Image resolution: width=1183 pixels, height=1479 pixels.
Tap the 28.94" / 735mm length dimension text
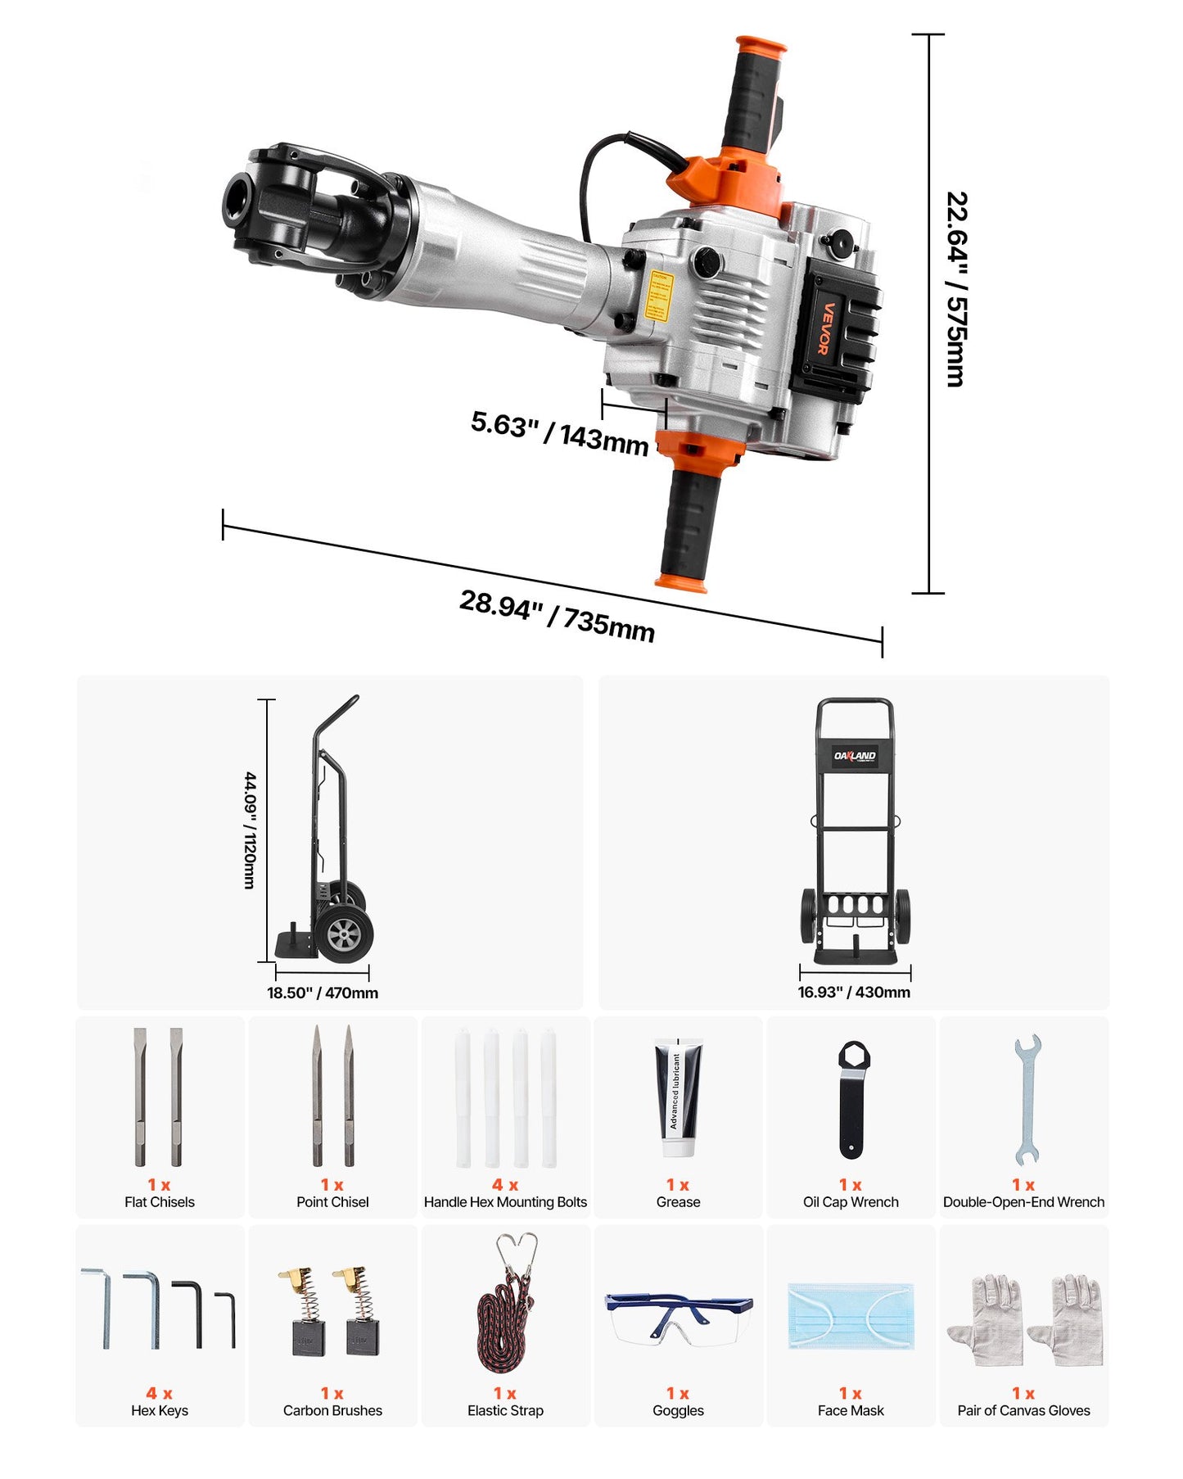tap(557, 616)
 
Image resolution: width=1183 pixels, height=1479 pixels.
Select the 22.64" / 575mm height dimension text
tap(956, 289)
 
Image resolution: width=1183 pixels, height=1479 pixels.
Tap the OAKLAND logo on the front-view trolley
tap(855, 756)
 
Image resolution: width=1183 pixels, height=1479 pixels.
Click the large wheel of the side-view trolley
tap(345, 933)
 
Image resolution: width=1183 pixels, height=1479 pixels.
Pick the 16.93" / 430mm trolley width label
tap(854, 992)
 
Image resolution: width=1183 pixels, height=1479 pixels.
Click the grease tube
tap(678, 1097)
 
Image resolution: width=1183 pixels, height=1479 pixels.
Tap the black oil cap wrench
tap(851, 1099)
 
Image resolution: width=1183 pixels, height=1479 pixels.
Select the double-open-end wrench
tap(1026, 1099)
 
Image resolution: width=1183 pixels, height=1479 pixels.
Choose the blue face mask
tap(851, 1316)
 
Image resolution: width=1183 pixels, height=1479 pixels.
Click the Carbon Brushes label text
tap(332, 1410)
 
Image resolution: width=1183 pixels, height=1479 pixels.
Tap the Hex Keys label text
tap(160, 1410)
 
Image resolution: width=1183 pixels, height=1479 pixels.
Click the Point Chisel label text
tap(332, 1202)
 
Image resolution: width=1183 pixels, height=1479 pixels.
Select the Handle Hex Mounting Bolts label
tap(505, 1202)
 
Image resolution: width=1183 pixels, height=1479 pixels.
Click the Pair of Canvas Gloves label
tap(1023, 1410)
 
